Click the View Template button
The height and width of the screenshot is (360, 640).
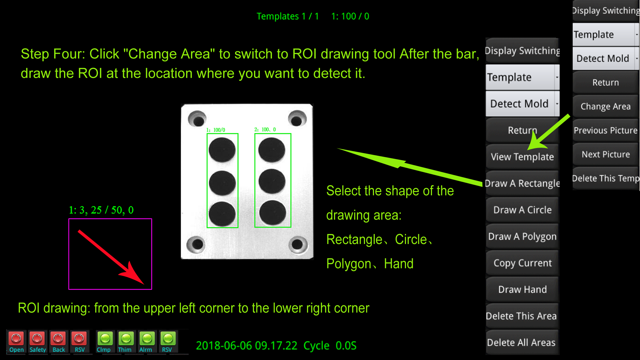coord(522,157)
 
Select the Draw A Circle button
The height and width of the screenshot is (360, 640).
coord(522,210)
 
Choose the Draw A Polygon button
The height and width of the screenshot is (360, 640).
coord(522,236)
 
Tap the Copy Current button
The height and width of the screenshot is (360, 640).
coord(522,263)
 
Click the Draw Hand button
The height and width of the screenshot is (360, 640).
coord(522,289)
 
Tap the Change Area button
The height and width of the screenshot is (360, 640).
coord(605,106)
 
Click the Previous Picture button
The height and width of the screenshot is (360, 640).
coord(605,130)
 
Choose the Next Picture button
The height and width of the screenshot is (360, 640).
coord(605,154)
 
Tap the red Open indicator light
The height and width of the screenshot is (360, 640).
coord(16,339)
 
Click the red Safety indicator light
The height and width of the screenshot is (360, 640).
coord(37,339)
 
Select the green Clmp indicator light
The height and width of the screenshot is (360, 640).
coord(105,339)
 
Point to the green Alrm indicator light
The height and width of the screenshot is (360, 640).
coord(147,339)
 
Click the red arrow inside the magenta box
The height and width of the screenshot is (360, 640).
coord(111,257)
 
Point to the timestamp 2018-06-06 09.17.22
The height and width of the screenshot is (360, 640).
coord(246,346)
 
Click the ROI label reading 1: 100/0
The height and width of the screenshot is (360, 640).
coord(216,130)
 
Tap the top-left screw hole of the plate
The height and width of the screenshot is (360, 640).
coord(197,119)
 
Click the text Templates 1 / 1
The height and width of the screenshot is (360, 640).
coord(288,16)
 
